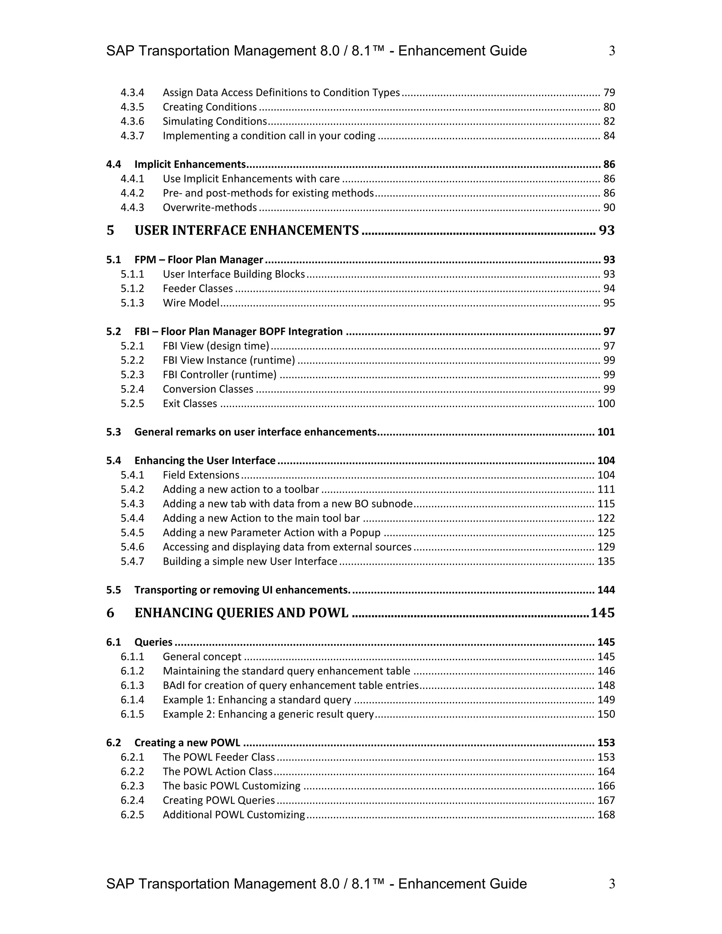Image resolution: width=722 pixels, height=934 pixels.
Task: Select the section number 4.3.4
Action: click(132, 93)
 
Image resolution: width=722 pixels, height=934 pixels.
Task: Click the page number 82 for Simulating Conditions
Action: click(608, 122)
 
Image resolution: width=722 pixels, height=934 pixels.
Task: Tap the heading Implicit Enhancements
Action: click(190, 165)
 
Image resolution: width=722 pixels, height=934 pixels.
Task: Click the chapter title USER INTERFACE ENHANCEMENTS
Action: click(246, 231)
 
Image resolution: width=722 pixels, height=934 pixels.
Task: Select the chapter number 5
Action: click(110, 231)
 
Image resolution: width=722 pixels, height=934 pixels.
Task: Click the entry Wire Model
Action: click(191, 303)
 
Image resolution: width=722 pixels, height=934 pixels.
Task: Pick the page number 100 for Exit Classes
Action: click(606, 404)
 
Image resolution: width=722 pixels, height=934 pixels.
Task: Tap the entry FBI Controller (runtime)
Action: click(219, 375)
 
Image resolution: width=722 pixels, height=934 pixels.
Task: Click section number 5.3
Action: click(114, 432)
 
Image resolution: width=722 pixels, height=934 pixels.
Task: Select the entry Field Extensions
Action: click(201, 475)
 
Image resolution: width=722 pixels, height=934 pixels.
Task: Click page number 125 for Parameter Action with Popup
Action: click(606, 533)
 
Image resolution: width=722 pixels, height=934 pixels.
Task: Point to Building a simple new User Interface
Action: click(250, 561)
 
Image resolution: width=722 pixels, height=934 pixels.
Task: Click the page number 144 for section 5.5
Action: click(606, 590)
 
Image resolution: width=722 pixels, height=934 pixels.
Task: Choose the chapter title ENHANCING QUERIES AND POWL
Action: click(241, 613)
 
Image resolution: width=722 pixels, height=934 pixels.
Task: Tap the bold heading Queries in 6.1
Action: click(153, 642)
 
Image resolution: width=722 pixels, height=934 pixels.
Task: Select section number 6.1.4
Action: click(132, 700)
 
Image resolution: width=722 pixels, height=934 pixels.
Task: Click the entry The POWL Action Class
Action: click(217, 772)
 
